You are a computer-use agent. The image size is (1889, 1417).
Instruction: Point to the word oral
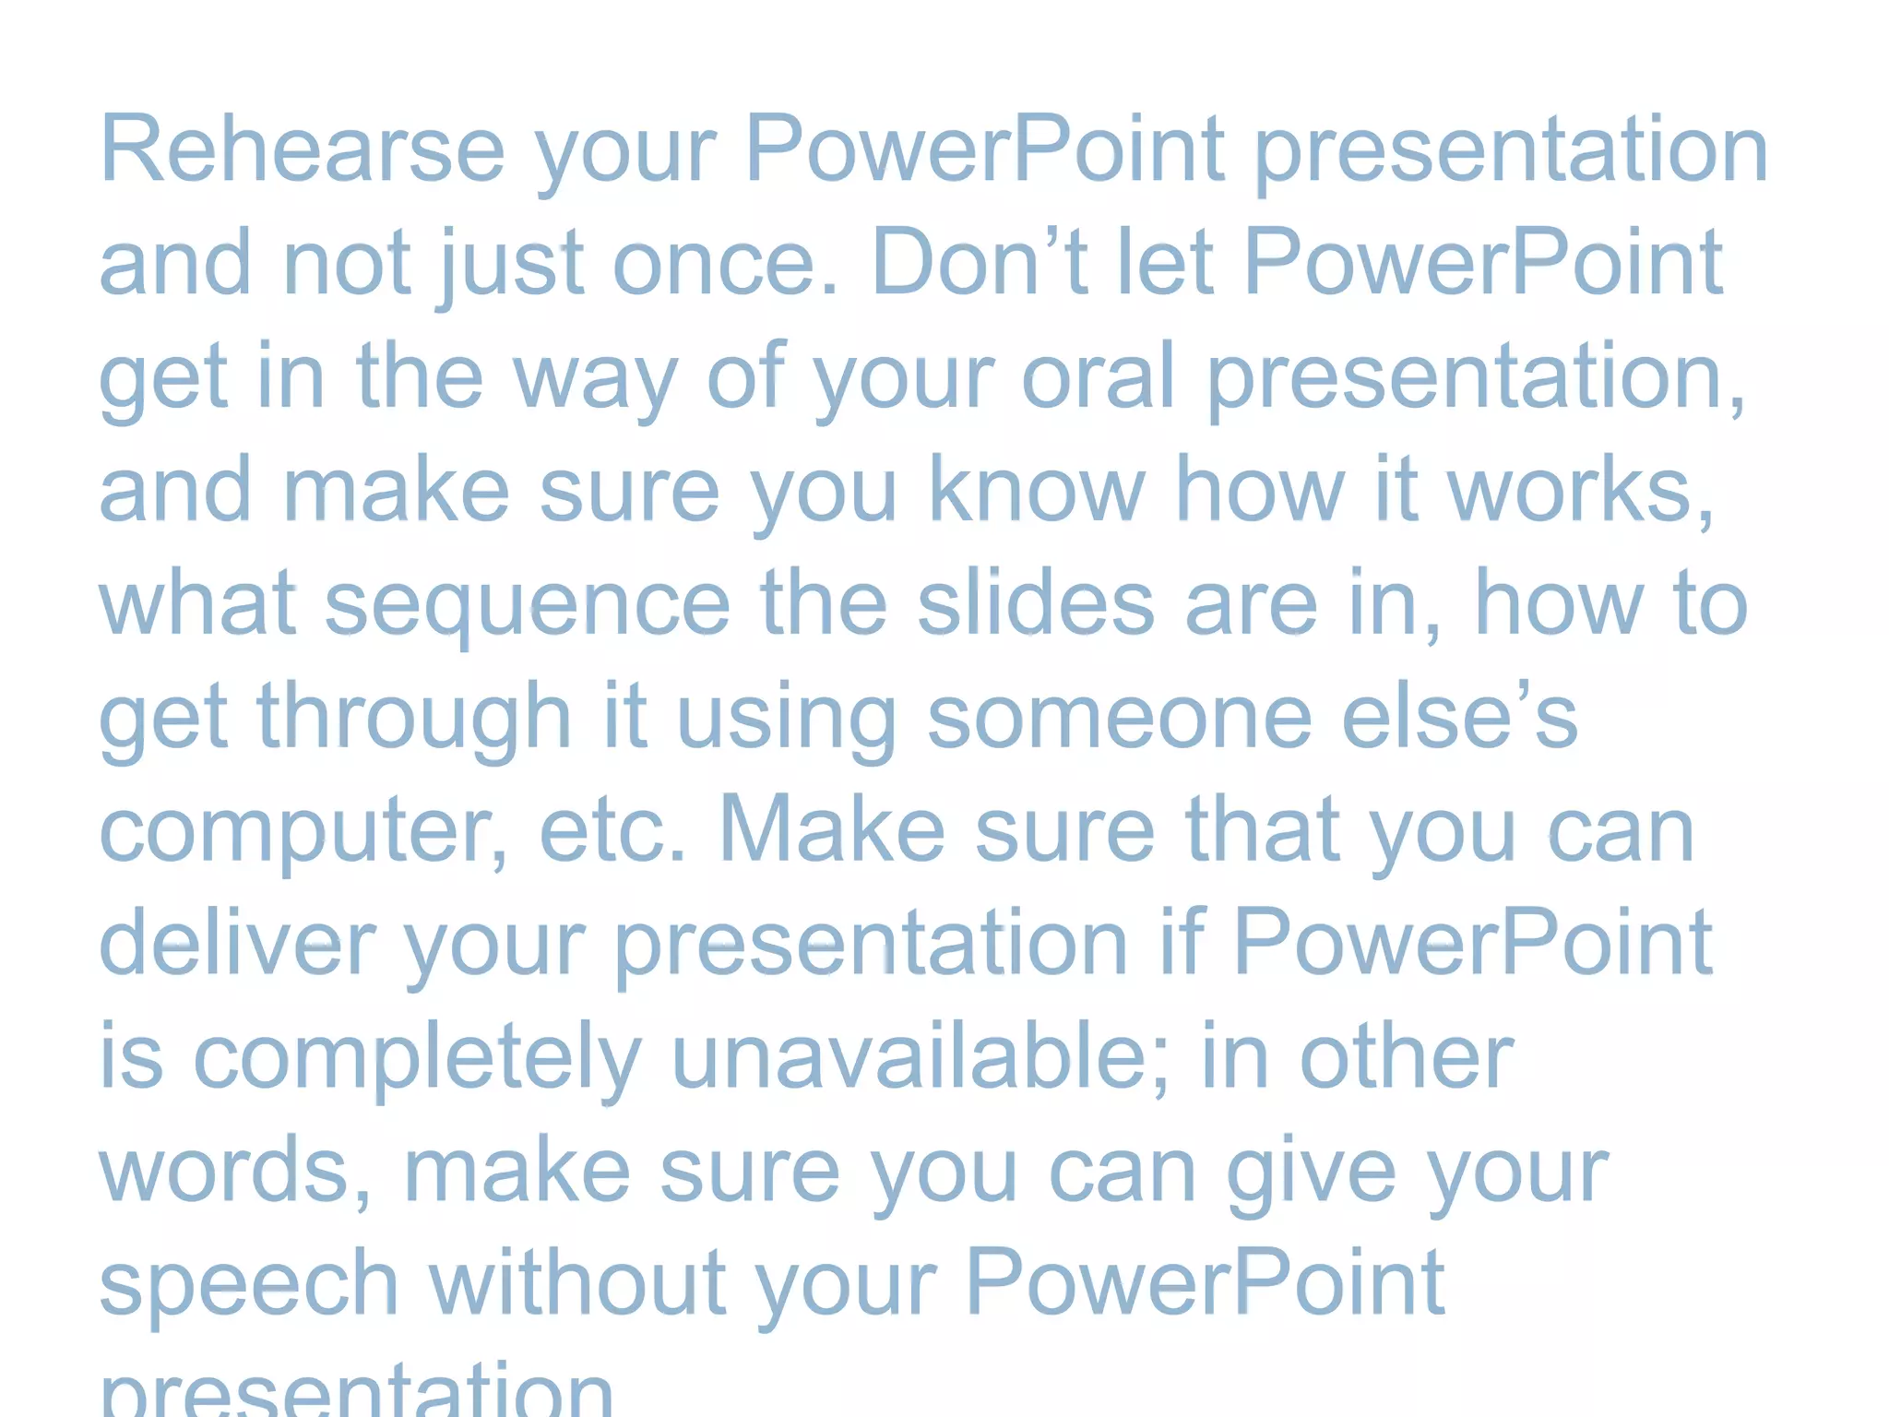coord(1098,376)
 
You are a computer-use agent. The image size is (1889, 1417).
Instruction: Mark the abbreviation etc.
coord(612,830)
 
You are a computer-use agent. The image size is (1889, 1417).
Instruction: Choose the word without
coord(577,1284)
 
